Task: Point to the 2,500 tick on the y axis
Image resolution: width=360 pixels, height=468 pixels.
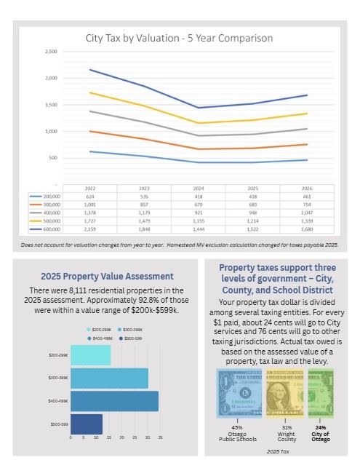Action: [51, 52]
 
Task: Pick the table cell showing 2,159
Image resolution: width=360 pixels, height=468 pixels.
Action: [91, 229]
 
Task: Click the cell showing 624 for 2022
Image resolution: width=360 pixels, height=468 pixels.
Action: [91, 197]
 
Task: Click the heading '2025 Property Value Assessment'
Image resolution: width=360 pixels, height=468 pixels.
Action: [107, 276]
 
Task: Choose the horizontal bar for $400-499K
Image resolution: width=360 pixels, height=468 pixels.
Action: [114, 401]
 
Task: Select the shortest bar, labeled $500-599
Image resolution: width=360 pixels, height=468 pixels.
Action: [87, 424]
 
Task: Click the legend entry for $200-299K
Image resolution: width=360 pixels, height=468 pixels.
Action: [103, 330]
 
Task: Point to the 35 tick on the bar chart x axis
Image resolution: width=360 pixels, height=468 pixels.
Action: [159, 438]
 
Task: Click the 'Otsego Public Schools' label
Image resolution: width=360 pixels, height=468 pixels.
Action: [237, 438]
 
